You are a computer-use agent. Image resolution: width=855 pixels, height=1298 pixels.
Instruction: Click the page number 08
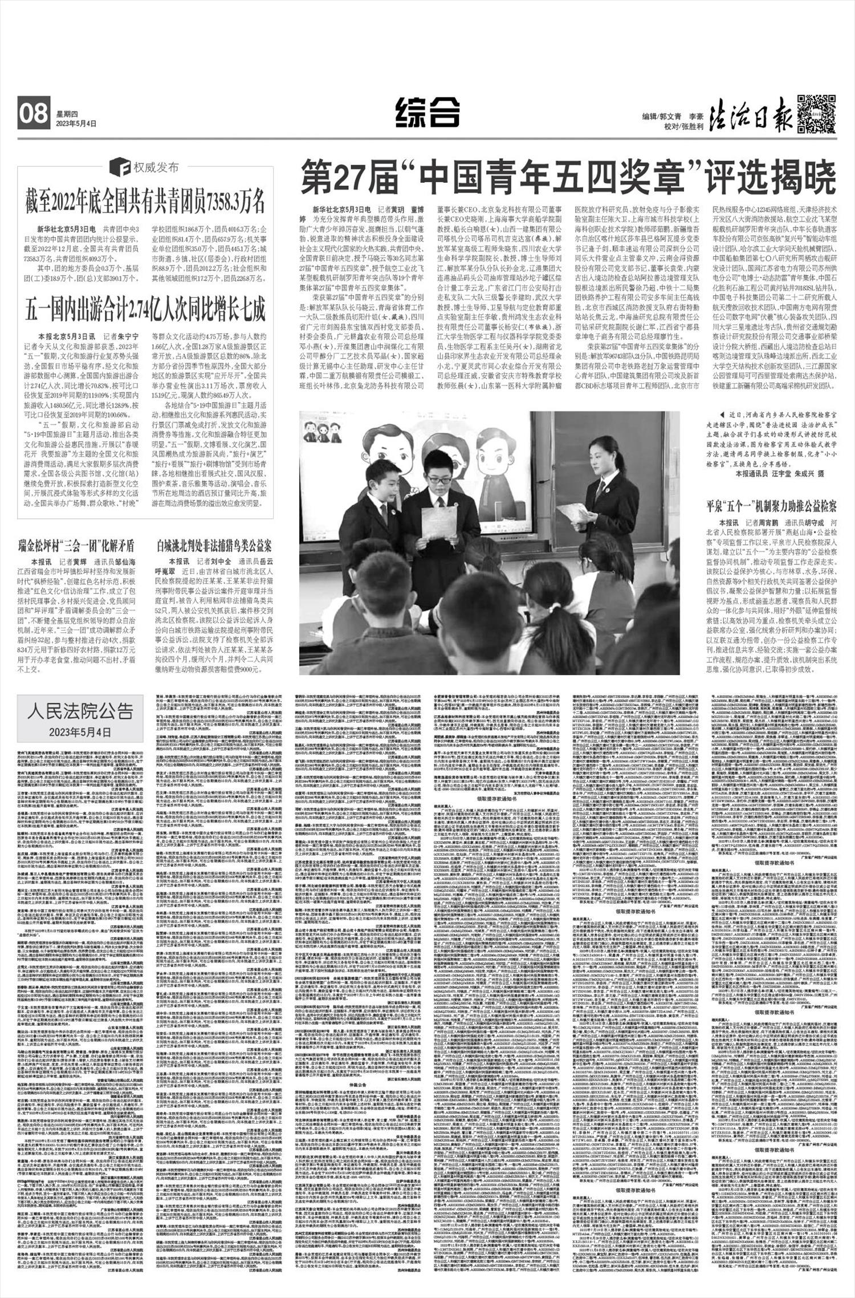pyautogui.click(x=34, y=114)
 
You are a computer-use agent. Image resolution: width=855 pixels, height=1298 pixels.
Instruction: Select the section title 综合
pyautogui.click(x=427, y=112)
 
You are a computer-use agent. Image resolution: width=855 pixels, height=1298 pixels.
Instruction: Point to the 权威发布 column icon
pyautogui.click(x=122, y=168)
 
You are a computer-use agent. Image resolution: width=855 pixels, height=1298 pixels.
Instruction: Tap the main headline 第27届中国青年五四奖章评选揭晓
pyautogui.click(x=567, y=179)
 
